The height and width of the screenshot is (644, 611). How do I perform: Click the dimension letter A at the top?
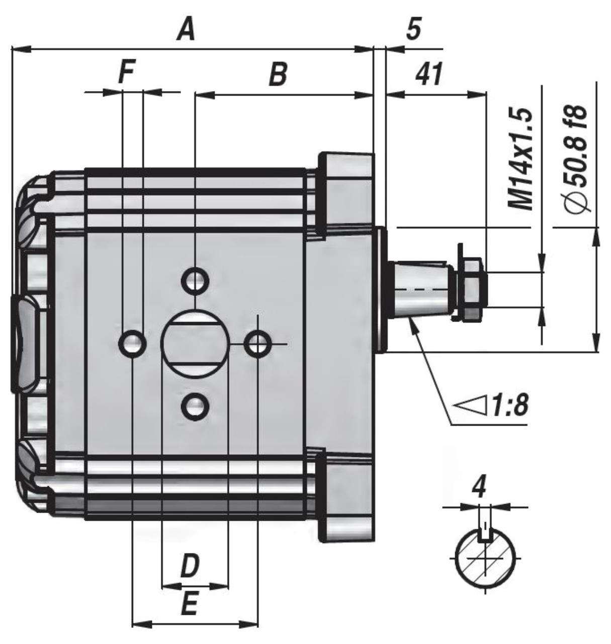pos(186,31)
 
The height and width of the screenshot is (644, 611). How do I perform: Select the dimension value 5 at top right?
pos(413,29)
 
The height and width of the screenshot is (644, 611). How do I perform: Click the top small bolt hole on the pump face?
pos(195,281)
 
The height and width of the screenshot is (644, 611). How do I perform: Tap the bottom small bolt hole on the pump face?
pos(195,406)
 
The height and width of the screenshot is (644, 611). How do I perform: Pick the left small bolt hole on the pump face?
pos(132,344)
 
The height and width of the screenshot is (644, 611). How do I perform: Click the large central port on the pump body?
pos(195,344)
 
